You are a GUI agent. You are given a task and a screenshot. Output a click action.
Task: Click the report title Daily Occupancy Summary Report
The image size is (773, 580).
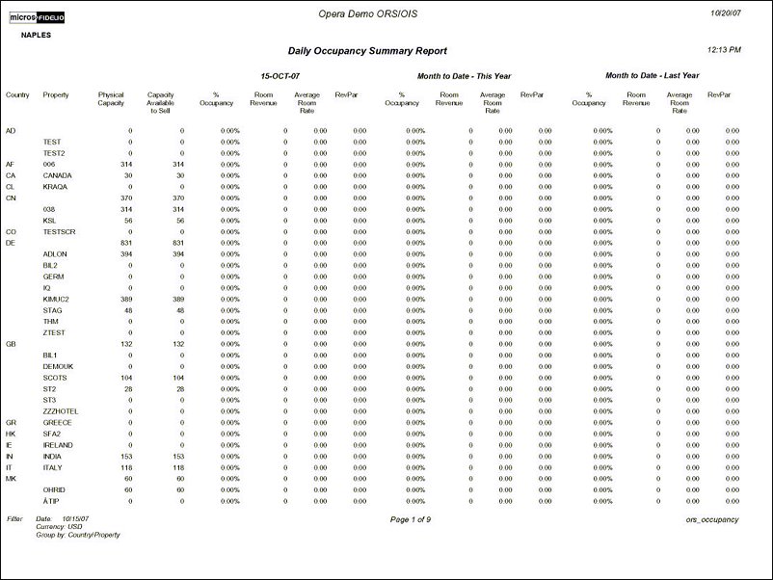point(367,51)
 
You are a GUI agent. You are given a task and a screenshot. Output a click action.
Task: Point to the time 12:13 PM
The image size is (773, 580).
point(724,49)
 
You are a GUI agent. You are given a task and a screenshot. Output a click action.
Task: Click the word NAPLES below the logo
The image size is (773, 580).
point(36,34)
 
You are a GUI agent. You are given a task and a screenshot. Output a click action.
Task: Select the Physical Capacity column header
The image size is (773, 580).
point(112,98)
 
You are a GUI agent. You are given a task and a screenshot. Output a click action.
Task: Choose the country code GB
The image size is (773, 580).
point(10,344)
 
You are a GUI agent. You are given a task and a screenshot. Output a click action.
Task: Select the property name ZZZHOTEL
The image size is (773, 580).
point(60,411)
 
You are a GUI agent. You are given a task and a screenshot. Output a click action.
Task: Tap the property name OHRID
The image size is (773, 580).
point(54,489)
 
